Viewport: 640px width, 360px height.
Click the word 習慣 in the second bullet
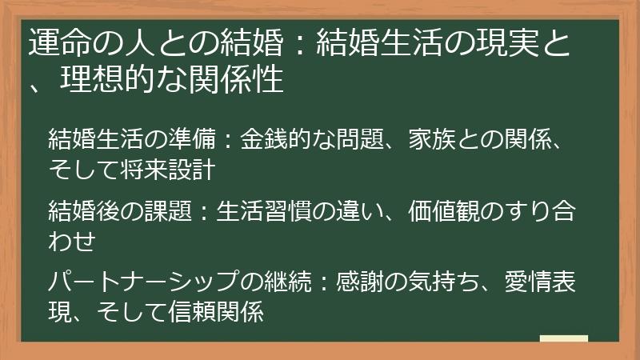311,214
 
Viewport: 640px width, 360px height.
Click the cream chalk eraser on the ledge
563,339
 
